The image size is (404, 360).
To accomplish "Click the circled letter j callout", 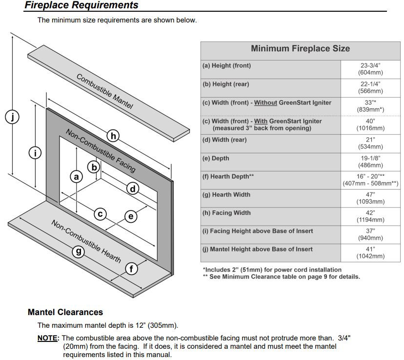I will (x=12, y=117).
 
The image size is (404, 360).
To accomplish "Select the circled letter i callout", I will (x=35, y=153).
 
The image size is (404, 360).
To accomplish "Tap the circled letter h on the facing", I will (x=113, y=136).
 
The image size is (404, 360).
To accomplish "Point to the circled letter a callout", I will (x=76, y=176).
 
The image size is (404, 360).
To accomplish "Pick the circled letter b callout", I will (x=94, y=168).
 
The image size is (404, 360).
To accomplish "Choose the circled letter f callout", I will (x=131, y=269).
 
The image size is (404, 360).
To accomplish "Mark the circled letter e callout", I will (x=130, y=216).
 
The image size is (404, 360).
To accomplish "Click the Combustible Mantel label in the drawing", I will (x=104, y=91).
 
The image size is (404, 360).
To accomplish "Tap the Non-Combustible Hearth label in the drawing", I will (x=86, y=241).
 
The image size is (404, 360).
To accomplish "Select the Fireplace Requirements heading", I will (x=81, y=6).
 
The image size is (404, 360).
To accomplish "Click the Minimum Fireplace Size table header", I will (x=300, y=48).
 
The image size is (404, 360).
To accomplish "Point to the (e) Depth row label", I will (x=216, y=158).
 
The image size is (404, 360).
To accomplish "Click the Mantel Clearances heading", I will (x=65, y=312).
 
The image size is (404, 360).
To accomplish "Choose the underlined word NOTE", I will (x=48, y=338).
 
